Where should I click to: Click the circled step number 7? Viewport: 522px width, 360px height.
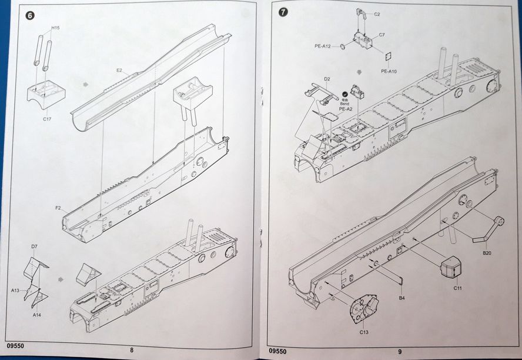pyautogui.click(x=283, y=12)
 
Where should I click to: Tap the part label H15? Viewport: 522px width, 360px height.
pyautogui.click(x=55, y=28)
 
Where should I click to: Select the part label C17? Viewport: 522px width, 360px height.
pyautogui.click(x=48, y=119)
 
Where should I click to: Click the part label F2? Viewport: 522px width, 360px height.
pyautogui.click(x=58, y=208)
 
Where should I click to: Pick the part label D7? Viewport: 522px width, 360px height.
pyautogui.click(x=35, y=246)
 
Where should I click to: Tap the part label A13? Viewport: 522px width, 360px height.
pyautogui.click(x=15, y=290)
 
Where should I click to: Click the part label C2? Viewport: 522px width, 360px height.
pyautogui.click(x=377, y=14)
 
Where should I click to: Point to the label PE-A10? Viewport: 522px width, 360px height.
pyautogui.click(x=389, y=71)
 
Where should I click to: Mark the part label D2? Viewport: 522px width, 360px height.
pyautogui.click(x=327, y=78)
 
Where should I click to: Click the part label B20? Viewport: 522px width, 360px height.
pyautogui.click(x=487, y=253)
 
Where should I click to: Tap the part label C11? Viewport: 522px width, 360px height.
pyautogui.click(x=457, y=288)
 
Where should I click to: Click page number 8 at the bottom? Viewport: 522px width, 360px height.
pyautogui.click(x=132, y=351)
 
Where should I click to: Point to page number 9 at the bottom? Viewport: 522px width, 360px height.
pyautogui.click(x=400, y=352)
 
